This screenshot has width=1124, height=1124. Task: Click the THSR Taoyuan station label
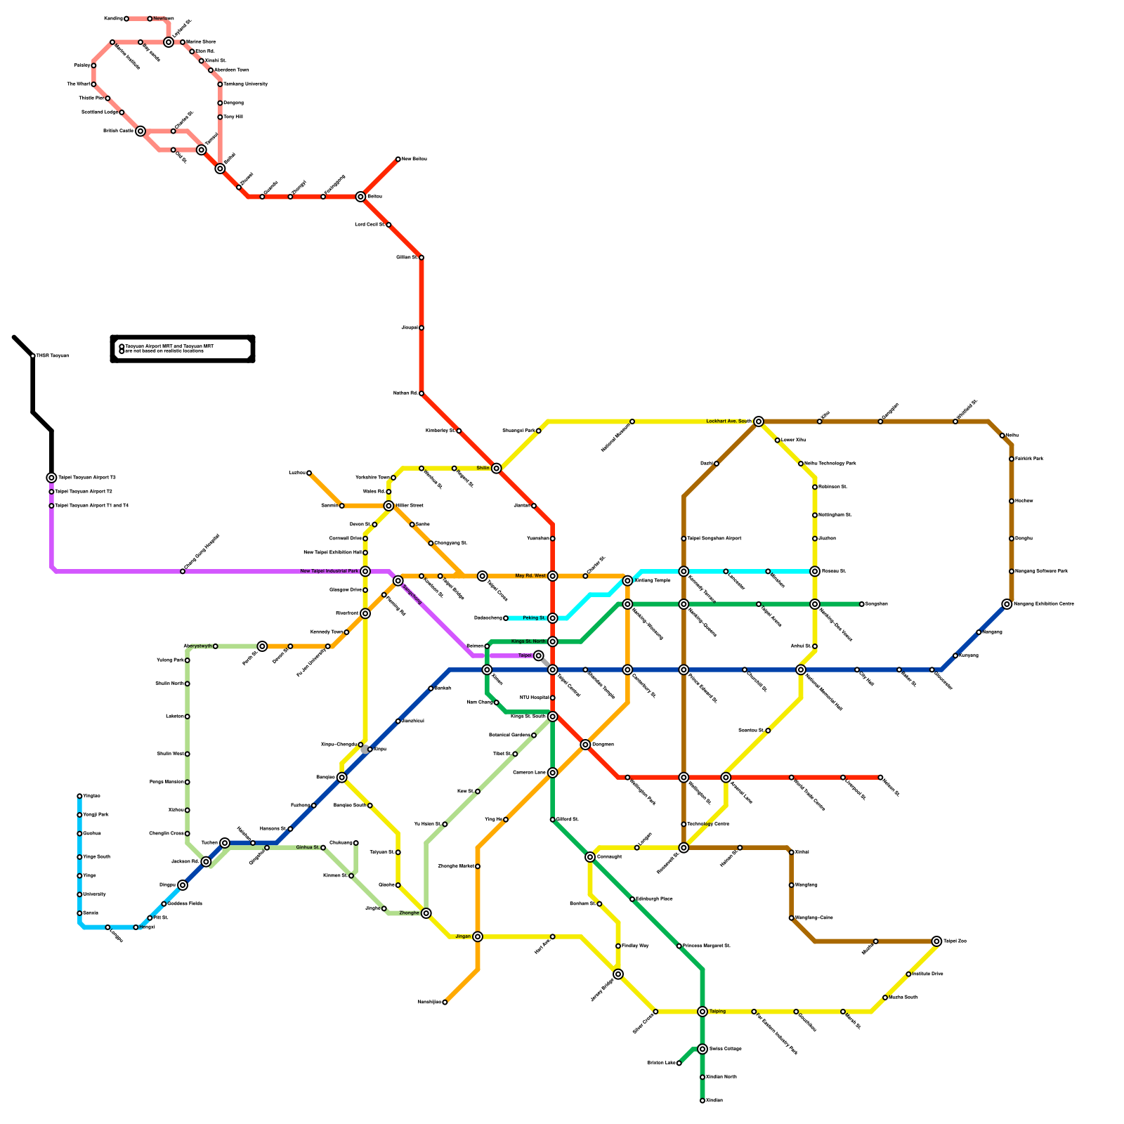(x=53, y=356)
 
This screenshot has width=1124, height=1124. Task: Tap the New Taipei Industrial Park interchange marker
(x=365, y=571)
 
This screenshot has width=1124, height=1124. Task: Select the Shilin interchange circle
(x=497, y=468)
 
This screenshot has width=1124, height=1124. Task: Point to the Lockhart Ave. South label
(x=728, y=421)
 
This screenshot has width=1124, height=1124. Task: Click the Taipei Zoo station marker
(x=936, y=941)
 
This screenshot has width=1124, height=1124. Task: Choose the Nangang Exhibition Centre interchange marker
(x=1007, y=604)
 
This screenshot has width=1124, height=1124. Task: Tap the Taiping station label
(x=717, y=1012)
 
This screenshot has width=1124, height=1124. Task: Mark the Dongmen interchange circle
(x=585, y=745)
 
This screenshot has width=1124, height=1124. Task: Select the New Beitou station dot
(x=398, y=159)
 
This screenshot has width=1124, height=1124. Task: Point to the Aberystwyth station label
(x=197, y=646)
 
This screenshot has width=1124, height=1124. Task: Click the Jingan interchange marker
(x=478, y=936)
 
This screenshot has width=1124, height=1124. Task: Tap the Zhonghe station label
(x=409, y=913)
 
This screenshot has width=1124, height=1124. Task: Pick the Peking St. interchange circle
(x=553, y=618)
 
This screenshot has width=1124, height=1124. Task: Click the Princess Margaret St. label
(x=707, y=946)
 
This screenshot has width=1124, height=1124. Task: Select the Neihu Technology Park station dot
(x=801, y=464)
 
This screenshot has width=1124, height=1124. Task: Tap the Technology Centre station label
(x=708, y=824)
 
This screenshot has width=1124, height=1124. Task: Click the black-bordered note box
(x=183, y=348)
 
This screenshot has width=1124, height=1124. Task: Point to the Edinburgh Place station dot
(x=632, y=899)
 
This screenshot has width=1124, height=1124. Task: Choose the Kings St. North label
(x=528, y=641)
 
